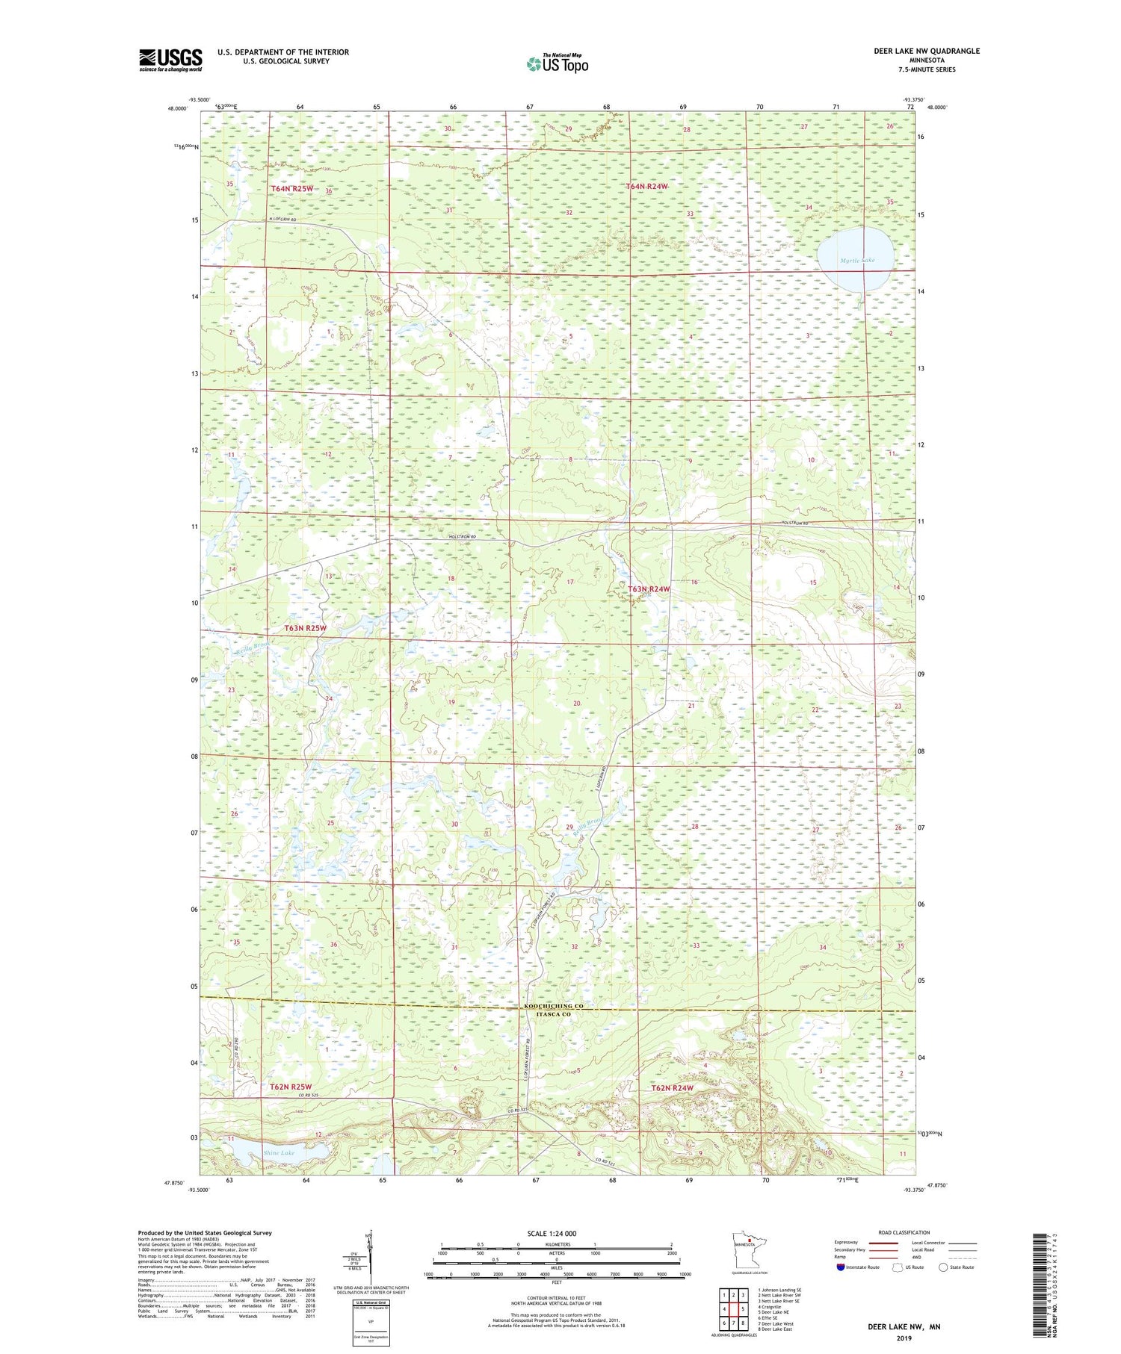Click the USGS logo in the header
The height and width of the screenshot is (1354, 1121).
(170, 60)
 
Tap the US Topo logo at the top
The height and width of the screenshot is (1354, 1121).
(557, 63)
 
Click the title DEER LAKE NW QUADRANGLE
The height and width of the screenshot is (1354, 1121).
(926, 51)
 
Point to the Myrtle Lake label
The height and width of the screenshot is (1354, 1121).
(856, 260)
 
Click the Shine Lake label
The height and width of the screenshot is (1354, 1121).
(279, 1152)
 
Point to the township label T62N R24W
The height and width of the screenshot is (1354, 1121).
(672, 1088)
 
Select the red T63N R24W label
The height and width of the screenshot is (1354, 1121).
(648, 589)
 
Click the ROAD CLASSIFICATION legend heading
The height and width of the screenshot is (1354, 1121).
(904, 1232)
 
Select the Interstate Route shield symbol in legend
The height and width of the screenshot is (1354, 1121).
(840, 1267)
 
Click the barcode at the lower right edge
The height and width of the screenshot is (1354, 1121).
(1036, 1269)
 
